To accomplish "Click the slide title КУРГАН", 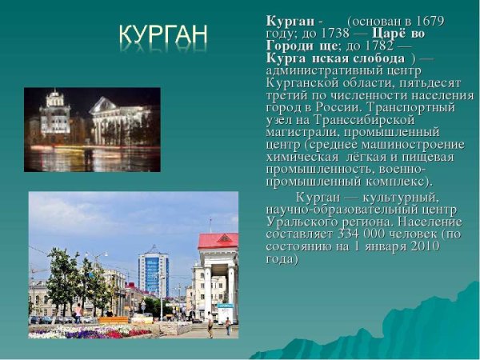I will coord(163,34).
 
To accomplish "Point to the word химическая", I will coord(301,157).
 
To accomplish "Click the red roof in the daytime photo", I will coord(218,240).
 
